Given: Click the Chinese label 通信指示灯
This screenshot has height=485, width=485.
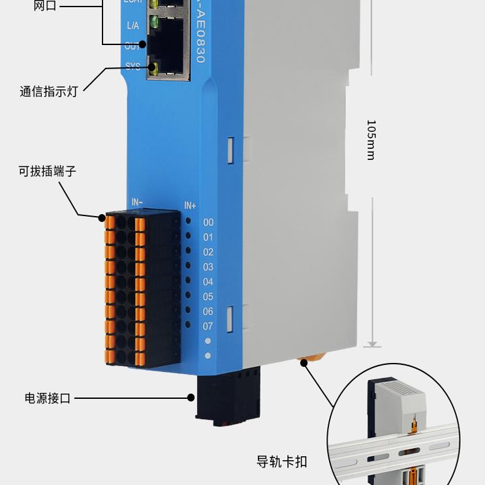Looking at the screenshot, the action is (48, 91).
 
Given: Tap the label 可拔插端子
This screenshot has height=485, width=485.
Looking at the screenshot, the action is (47, 172).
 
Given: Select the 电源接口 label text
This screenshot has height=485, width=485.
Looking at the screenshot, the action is (48, 398).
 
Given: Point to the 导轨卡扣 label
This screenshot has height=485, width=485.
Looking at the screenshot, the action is (282, 462).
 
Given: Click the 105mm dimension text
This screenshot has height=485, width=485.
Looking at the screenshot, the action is (371, 140).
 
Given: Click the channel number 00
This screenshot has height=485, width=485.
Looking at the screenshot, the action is (208, 222).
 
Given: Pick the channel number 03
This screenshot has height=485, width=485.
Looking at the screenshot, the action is (208, 266).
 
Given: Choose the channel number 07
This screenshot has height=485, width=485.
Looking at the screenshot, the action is (208, 326).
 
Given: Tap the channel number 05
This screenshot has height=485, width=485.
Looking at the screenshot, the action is (208, 296).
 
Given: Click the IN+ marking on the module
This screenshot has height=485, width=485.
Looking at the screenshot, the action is (190, 206).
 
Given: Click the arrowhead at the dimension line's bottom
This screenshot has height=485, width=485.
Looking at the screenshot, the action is (371, 343).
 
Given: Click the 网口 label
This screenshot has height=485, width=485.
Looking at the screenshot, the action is (45, 7).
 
